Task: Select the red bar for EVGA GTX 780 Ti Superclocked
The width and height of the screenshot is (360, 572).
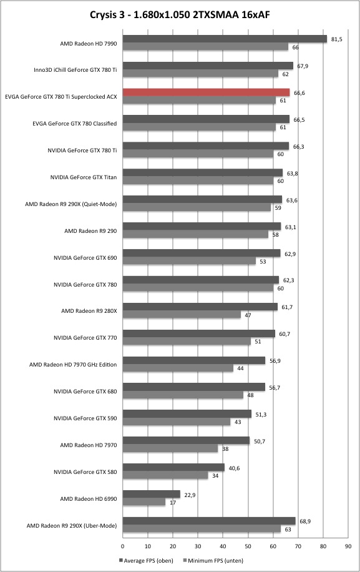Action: tap(207, 92)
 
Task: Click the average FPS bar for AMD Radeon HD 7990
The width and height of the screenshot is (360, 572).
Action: tap(225, 39)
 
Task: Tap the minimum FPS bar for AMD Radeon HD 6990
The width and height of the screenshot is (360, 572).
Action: tap(144, 502)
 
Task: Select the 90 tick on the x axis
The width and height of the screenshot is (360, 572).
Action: tap(348, 546)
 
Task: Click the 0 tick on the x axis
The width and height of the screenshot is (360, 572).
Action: tap(122, 546)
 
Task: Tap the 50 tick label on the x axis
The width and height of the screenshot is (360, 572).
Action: tap(248, 546)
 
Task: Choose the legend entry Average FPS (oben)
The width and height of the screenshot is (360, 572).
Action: tap(146, 560)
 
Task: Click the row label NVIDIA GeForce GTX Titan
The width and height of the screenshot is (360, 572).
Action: tap(84, 177)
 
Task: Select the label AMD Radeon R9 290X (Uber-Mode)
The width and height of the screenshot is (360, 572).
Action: tap(72, 526)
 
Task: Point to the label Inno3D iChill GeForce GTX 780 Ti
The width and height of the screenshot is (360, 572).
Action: tap(75, 70)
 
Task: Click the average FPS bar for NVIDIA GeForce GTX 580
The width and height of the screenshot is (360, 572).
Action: tap(173, 467)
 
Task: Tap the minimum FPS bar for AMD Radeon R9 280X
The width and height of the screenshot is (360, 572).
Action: tap(182, 315)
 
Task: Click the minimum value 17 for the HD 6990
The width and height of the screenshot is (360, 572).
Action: tap(173, 503)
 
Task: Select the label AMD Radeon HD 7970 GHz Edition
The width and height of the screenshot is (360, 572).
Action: tap(73, 365)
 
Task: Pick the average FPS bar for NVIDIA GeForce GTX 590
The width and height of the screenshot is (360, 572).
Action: tap(187, 413)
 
